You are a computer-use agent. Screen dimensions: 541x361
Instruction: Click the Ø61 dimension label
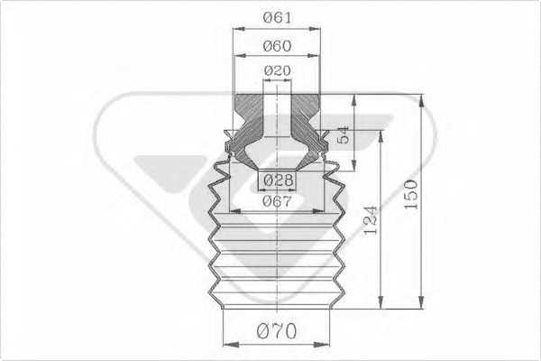277,17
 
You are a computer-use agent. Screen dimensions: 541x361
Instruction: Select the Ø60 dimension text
277,46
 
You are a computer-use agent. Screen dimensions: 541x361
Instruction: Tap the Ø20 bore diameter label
278,70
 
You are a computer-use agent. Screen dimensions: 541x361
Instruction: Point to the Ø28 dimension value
278,180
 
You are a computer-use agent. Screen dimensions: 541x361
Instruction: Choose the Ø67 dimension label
277,201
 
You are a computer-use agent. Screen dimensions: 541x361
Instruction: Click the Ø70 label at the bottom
277,331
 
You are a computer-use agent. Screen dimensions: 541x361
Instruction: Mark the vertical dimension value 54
344,134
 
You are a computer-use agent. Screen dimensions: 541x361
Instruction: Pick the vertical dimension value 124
371,220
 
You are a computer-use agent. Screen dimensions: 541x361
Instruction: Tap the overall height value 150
411,194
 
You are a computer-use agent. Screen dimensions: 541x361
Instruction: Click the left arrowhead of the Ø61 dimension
239,30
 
